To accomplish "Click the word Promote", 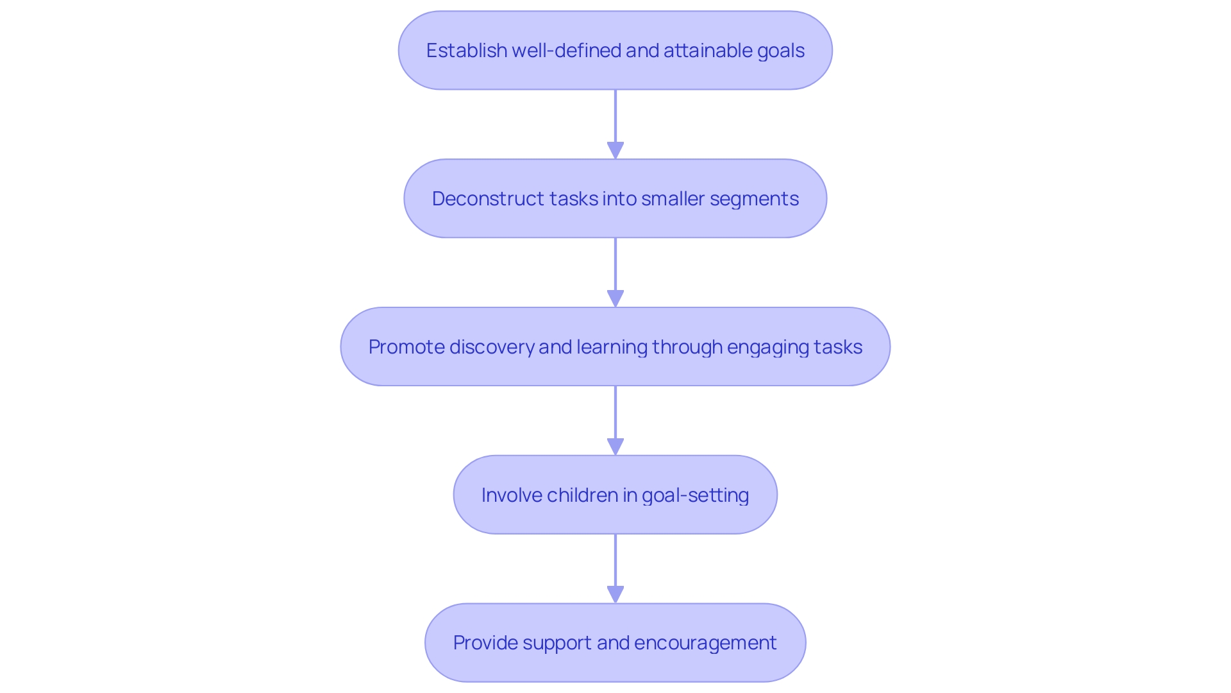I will (x=406, y=347).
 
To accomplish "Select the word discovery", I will (x=492, y=347).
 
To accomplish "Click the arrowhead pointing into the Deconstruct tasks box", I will (x=615, y=150).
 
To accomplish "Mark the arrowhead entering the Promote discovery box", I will (x=615, y=298).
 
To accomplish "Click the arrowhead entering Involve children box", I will (x=615, y=447).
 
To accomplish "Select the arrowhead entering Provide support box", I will (x=615, y=594).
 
